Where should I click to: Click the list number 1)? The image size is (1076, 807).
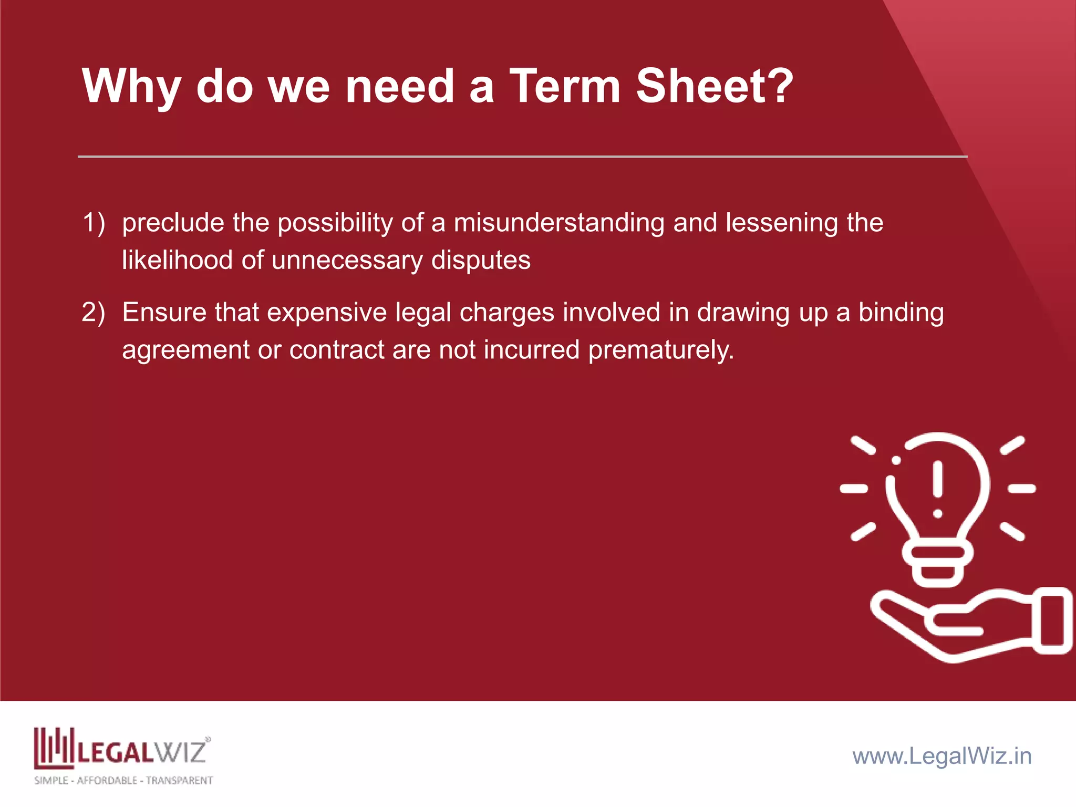click(94, 222)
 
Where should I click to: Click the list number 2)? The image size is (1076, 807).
click(94, 312)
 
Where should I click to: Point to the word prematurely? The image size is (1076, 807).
click(660, 350)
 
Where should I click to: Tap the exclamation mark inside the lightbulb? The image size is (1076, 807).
click(938, 489)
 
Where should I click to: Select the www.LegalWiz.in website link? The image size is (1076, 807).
click(942, 756)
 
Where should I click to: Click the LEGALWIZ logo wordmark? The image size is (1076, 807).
click(142, 751)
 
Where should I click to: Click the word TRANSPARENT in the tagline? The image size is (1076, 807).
click(179, 781)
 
